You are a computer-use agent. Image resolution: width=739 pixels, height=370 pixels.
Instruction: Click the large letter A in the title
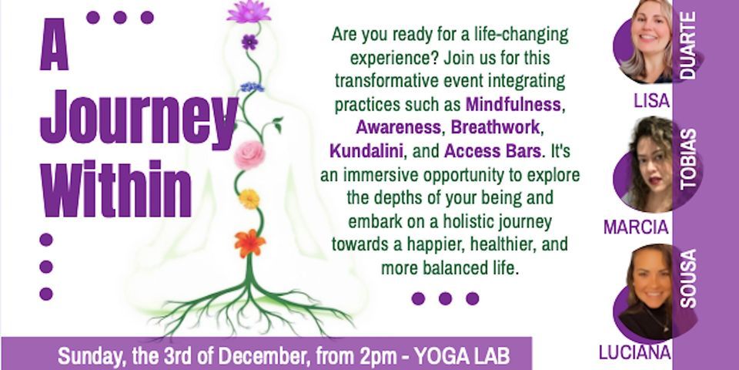[55, 45]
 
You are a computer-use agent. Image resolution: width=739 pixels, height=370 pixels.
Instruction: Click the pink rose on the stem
[249, 154]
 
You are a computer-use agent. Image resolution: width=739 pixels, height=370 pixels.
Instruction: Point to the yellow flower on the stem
[249, 199]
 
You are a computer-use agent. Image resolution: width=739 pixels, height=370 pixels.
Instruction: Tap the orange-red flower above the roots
[249, 243]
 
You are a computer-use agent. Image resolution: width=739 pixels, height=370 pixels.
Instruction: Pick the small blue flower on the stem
[252, 87]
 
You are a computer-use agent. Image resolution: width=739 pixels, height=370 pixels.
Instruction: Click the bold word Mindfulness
[513, 106]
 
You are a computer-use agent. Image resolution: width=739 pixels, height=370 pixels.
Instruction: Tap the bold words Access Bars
[493, 152]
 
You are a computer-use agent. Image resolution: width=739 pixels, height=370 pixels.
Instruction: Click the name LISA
[652, 100]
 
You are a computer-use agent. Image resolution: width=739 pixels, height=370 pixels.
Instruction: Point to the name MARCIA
[637, 227]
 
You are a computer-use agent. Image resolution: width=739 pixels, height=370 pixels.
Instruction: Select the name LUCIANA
[635, 352]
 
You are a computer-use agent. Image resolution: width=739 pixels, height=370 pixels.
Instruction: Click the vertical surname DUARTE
[688, 45]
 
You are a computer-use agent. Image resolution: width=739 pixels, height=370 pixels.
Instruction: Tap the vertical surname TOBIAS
[688, 159]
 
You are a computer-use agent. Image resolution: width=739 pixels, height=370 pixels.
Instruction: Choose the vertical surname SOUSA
[688, 279]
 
